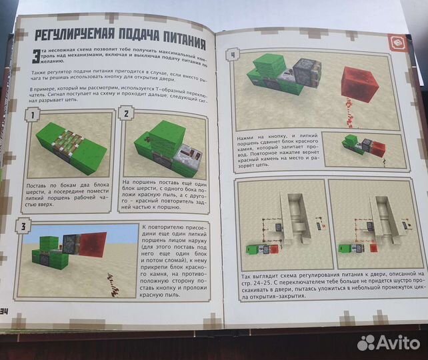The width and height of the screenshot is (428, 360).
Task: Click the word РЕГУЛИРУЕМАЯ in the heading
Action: click(x=71, y=36)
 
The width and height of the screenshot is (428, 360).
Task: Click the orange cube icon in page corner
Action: click(x=398, y=42)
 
